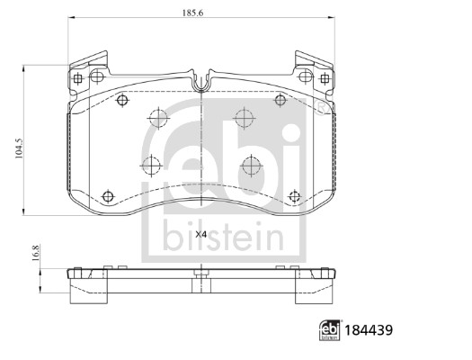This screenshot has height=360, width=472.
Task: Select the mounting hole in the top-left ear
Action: pyautogui.click(x=79, y=78)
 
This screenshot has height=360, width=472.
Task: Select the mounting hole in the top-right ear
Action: pyautogui.click(x=323, y=78)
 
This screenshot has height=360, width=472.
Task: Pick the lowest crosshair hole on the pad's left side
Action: pyautogui.click(x=109, y=195)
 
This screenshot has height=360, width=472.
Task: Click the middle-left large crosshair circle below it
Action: pyautogui.click(x=150, y=166)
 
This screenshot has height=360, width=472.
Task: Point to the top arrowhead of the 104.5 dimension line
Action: pyautogui.click(x=24, y=67)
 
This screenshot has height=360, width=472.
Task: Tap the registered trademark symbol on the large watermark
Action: pyautogui.click(x=320, y=110)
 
